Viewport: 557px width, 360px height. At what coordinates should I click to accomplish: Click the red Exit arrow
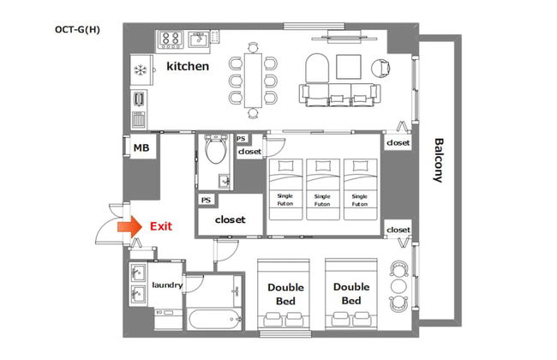click(129, 226)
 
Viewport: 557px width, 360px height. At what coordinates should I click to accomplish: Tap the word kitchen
click(188, 66)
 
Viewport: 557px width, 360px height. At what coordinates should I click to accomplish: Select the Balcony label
click(439, 160)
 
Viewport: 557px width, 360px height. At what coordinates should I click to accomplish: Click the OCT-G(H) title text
click(77, 29)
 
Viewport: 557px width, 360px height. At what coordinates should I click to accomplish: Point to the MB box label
click(141, 147)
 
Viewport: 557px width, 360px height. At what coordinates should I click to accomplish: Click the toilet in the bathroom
click(216, 149)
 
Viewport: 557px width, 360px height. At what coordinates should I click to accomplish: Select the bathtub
click(215, 319)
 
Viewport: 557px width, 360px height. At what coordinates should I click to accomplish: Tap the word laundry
click(167, 285)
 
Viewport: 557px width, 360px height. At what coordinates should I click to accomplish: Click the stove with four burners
click(171, 39)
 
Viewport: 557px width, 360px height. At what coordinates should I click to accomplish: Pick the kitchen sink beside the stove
click(199, 39)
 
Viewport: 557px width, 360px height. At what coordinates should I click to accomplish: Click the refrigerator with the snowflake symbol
click(141, 70)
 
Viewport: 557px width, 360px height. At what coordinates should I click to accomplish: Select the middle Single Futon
click(323, 189)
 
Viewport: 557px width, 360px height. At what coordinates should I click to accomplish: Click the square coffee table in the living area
click(349, 67)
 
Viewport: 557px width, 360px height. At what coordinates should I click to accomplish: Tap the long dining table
click(253, 81)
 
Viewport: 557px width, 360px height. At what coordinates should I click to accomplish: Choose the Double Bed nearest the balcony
click(351, 294)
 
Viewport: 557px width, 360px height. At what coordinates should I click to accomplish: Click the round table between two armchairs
click(398, 286)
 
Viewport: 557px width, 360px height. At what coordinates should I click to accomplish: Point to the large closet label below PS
click(231, 219)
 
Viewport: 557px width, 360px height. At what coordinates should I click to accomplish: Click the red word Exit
click(161, 226)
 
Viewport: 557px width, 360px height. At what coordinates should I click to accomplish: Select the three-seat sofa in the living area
click(339, 95)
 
